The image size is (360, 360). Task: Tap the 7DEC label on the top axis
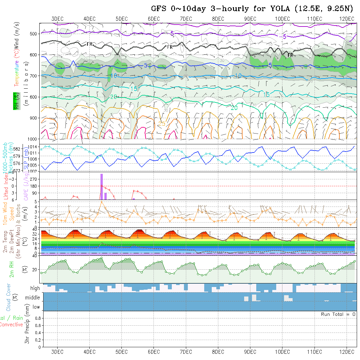(186, 19)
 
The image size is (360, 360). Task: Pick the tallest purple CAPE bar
(101, 187)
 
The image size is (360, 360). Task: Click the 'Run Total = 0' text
(338, 314)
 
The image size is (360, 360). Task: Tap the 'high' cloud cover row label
(35, 288)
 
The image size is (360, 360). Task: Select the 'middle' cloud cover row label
(33, 298)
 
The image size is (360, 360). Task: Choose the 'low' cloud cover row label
(36, 307)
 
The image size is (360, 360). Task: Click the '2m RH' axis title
(12, 269)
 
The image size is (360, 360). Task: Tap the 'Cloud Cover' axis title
(9, 297)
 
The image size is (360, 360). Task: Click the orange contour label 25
(162, 124)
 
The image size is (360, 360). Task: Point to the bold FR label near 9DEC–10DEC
(290, 55)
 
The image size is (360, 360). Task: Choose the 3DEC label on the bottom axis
(57, 352)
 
